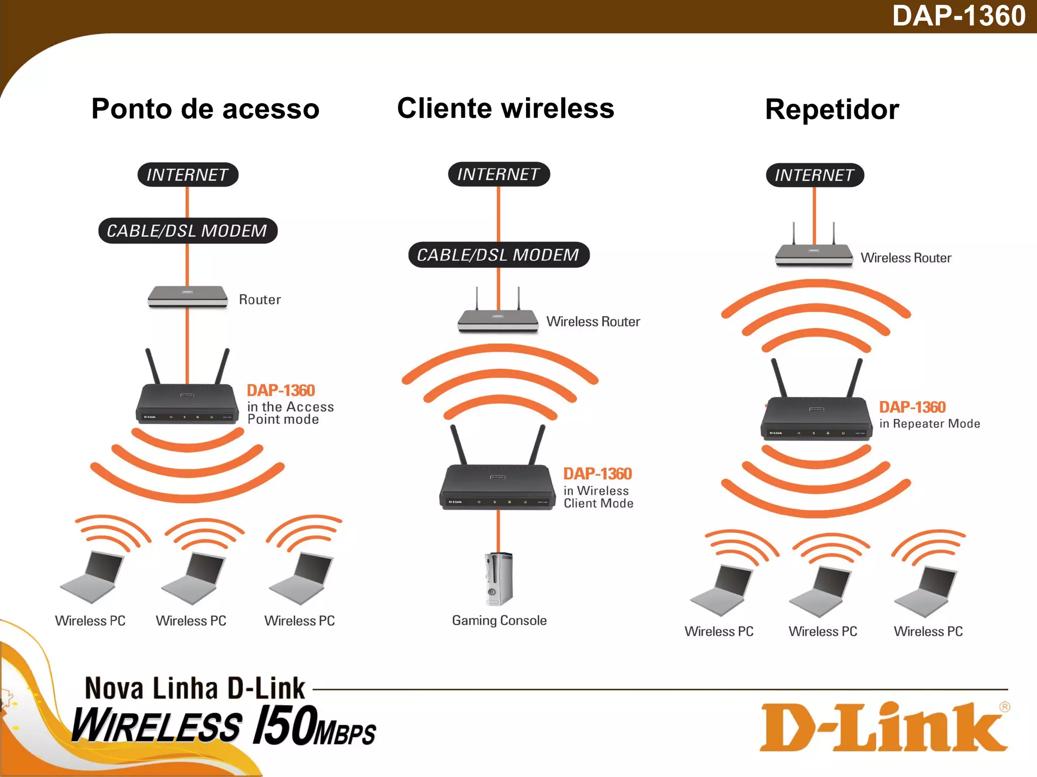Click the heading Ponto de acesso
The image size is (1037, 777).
[x=205, y=109]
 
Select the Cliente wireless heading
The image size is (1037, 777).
[x=505, y=108]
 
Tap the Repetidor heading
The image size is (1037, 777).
[x=832, y=109]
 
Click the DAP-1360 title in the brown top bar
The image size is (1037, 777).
[x=959, y=16]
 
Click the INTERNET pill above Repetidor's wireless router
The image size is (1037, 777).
[x=814, y=175]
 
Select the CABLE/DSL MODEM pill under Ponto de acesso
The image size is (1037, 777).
[x=187, y=231]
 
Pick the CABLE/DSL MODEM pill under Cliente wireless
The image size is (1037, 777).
[x=498, y=254]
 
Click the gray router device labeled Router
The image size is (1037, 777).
[x=187, y=296]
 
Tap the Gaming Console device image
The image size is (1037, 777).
[x=499, y=579]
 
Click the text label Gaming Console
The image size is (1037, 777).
[x=499, y=620]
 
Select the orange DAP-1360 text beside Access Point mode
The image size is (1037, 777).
[x=281, y=390]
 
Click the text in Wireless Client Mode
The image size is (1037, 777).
[x=598, y=497]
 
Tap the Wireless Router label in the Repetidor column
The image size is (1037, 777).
[x=906, y=258]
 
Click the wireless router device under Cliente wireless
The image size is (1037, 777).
[x=498, y=319]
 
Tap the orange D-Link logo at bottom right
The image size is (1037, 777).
[x=884, y=726]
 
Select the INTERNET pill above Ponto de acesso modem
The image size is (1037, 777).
[x=187, y=175]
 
